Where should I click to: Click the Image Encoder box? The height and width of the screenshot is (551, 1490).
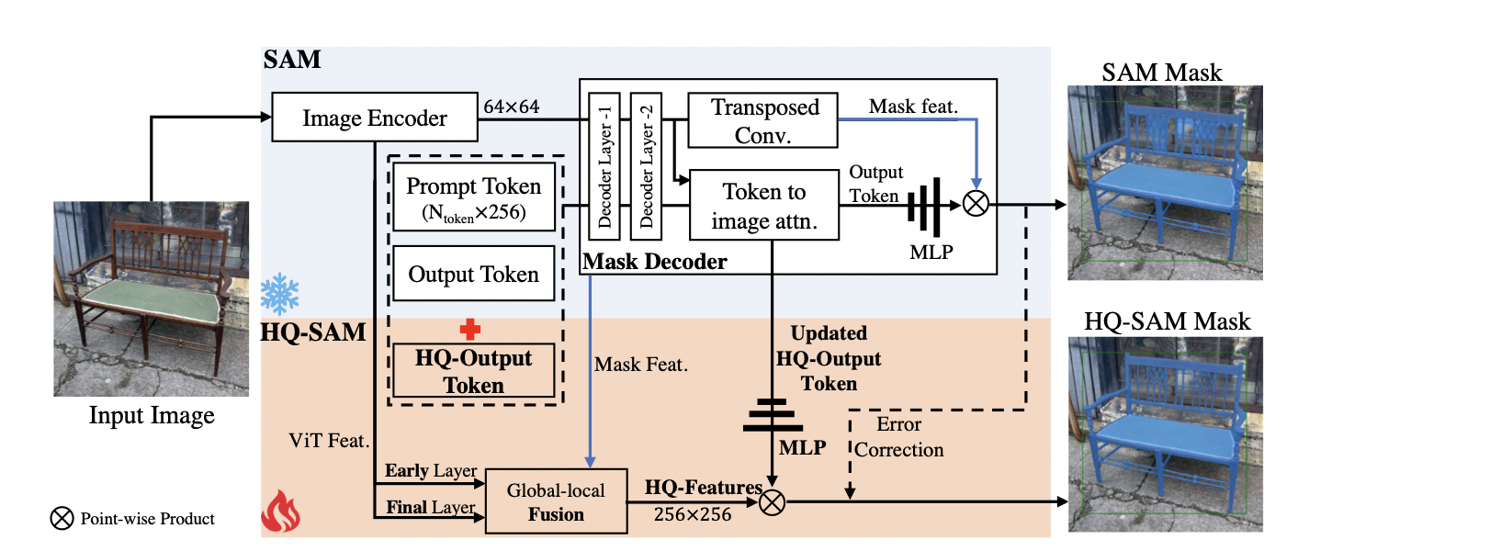[375, 118]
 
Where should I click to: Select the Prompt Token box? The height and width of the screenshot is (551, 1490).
[473, 197]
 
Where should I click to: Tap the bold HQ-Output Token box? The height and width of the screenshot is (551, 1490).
[473, 370]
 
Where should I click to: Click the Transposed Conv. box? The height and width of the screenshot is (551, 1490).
[763, 120]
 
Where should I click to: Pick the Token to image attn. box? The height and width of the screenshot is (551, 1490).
[763, 205]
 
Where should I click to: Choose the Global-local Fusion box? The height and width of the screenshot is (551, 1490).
[556, 501]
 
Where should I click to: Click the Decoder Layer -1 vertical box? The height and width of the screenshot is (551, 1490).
[604, 164]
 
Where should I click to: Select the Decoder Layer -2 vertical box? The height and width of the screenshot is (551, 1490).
[646, 164]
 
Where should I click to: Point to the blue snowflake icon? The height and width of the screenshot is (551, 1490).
[279, 294]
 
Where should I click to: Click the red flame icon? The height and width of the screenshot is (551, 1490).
[280, 512]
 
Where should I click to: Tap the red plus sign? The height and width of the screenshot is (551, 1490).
[470, 329]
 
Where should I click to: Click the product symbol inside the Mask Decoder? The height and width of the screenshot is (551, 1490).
[976, 203]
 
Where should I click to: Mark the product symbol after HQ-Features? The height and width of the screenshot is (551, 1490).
[773, 502]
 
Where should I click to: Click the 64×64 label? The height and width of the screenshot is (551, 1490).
[512, 107]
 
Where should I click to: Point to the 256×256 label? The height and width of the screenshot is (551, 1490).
[693, 515]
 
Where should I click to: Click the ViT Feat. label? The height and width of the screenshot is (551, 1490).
[329, 441]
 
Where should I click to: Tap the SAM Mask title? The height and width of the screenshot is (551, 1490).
[1162, 73]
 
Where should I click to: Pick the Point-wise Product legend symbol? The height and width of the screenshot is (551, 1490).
[62, 519]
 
